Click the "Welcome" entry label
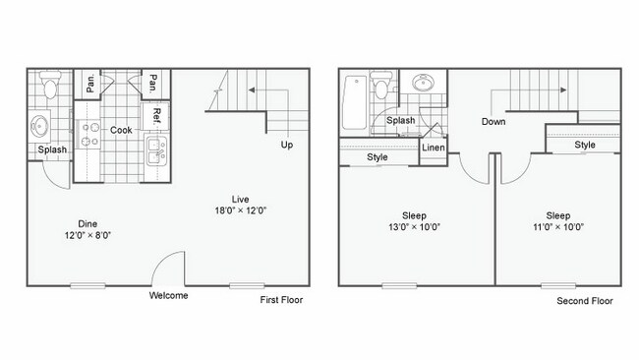pyautogui.click(x=168, y=295)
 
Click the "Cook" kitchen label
pyautogui.click(x=121, y=130)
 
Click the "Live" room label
pyautogui.click(x=239, y=197)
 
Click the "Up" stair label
pyautogui.click(x=287, y=145)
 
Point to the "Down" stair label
pyautogui.click(x=494, y=122)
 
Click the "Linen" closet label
pyautogui.click(x=434, y=149)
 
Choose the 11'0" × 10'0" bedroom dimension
pyautogui.click(x=558, y=226)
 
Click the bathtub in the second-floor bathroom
pyautogui.click(x=354, y=101)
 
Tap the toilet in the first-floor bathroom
pyautogui.click(x=51, y=89)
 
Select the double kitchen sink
pyautogui.click(x=155, y=150)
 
